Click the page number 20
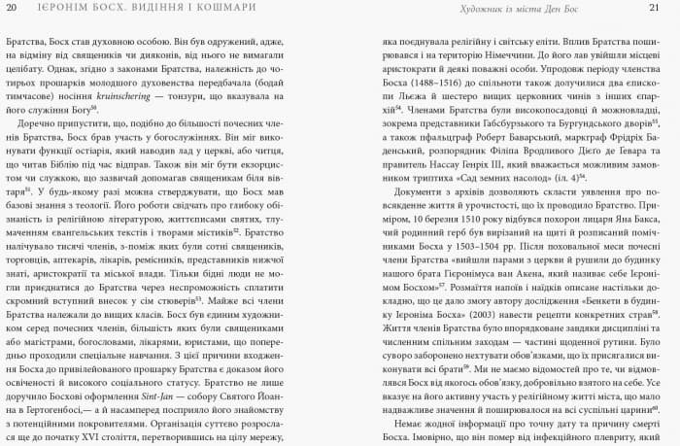click(x=11, y=8)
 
